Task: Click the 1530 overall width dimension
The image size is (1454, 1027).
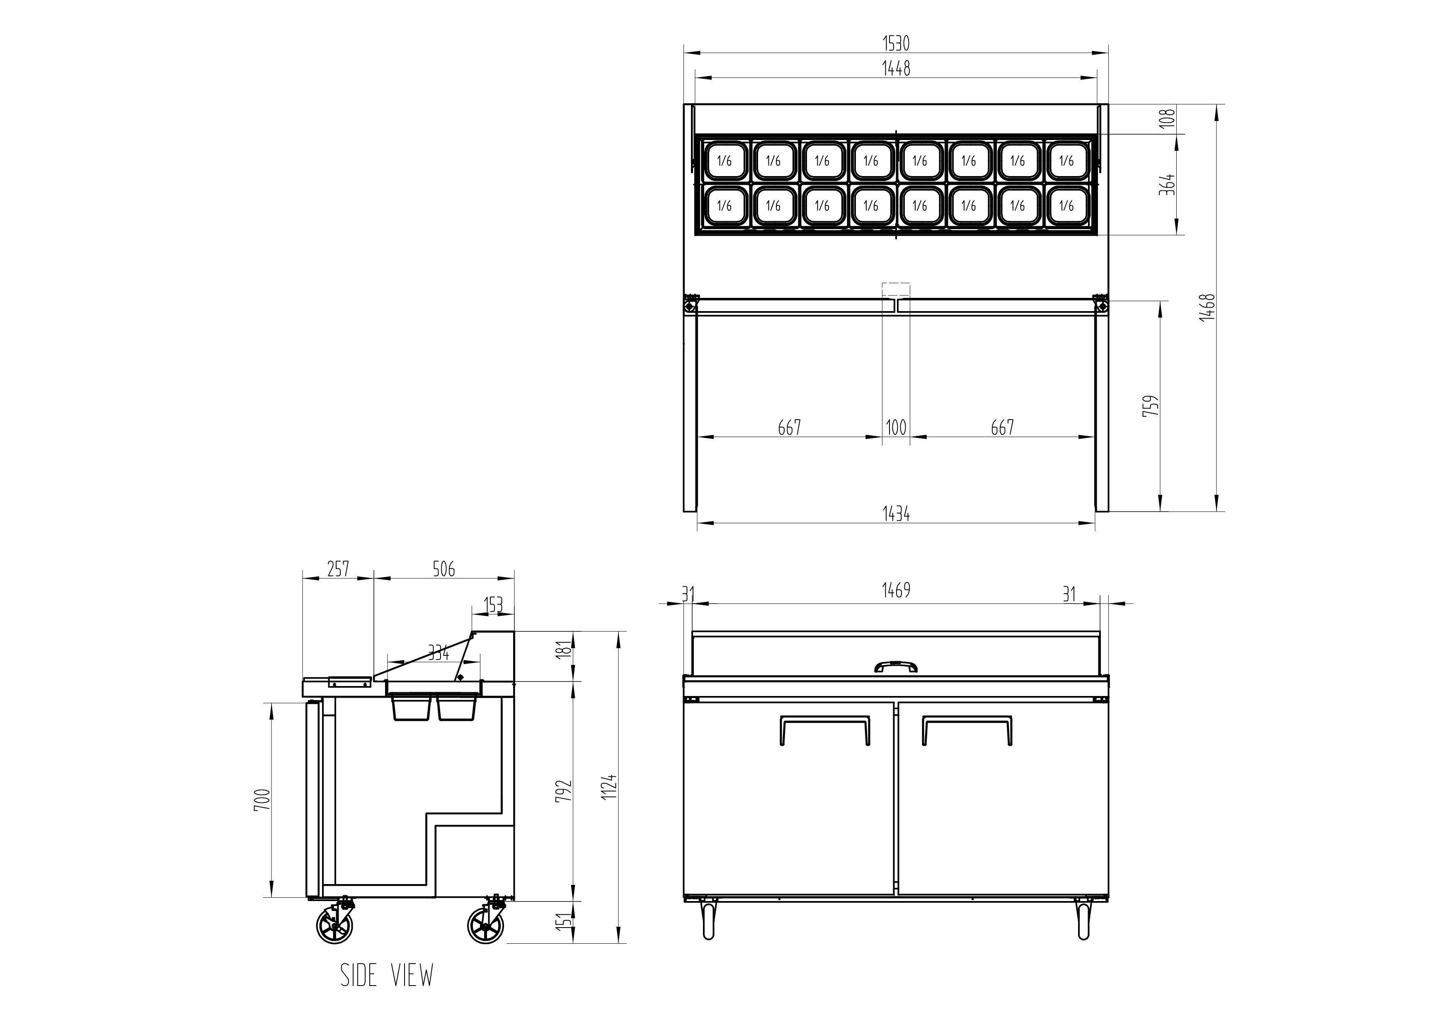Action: (x=896, y=43)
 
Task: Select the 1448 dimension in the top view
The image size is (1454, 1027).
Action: (x=896, y=68)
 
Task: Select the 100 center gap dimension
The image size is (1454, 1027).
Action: (x=896, y=428)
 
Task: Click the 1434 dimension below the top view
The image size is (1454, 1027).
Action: (x=896, y=515)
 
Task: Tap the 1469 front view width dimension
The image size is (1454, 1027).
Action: (x=896, y=590)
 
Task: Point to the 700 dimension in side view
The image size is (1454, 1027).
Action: (x=264, y=800)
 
